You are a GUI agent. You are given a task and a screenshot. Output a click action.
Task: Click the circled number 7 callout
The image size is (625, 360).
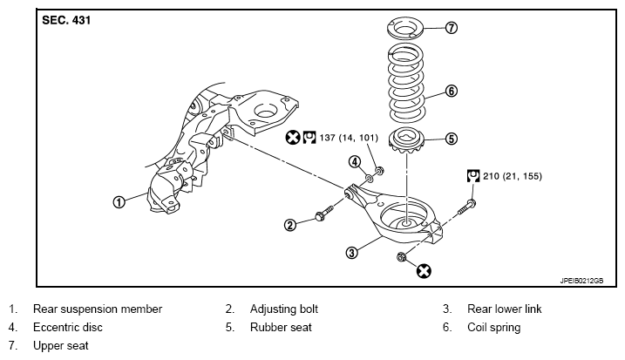(451, 28)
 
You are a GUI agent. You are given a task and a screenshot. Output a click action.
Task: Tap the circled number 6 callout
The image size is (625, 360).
(451, 91)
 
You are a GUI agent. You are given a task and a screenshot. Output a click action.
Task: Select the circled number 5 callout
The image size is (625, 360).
(451, 139)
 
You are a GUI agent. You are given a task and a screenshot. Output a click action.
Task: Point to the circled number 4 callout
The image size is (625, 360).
(355, 162)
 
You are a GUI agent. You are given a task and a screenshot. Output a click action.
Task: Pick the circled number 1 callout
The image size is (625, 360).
(119, 201)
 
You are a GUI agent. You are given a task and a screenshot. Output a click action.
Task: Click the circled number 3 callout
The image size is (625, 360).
(351, 253)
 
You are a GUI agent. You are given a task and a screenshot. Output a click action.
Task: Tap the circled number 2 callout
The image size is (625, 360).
(290, 225)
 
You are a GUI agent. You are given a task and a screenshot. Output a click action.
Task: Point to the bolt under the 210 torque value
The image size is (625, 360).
(466, 207)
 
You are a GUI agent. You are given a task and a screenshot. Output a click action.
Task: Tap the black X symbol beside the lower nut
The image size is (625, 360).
(424, 271)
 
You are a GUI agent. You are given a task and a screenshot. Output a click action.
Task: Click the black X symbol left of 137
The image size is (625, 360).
(293, 138)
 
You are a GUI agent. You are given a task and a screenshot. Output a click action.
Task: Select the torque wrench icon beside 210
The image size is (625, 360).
(473, 176)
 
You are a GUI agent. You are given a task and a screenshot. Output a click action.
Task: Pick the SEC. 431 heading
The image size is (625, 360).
(66, 20)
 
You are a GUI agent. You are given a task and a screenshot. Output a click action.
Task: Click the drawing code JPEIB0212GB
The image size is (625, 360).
(581, 281)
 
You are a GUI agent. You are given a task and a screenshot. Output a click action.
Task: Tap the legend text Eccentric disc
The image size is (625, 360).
(68, 327)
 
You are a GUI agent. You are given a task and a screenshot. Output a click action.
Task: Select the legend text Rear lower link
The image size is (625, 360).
(504, 309)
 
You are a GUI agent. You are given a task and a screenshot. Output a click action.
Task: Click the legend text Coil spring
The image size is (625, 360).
(494, 328)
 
